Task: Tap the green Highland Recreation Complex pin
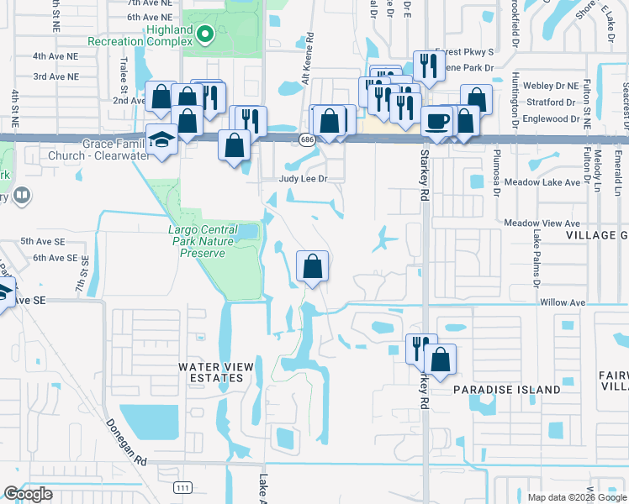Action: pyautogui.click(x=204, y=34)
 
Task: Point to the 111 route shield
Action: pyautogui.click(x=182, y=487)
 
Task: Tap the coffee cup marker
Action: pyautogui.click(x=436, y=123)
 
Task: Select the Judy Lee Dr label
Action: pyautogui.click(x=303, y=179)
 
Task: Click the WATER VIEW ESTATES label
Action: pyautogui.click(x=210, y=372)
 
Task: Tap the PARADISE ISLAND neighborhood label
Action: pyautogui.click(x=506, y=390)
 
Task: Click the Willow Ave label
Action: pyautogui.click(x=563, y=302)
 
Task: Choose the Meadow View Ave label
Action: pyautogui.click(x=542, y=223)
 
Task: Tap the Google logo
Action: pyautogui.click(x=28, y=494)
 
